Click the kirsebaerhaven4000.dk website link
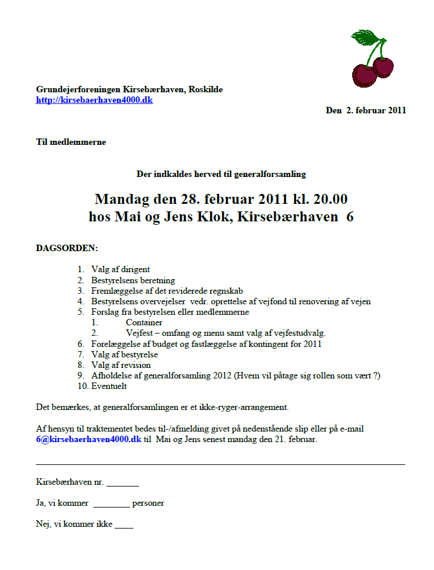[x=95, y=100]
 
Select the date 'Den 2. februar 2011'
[x=366, y=110]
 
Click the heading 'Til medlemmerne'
[x=71, y=142]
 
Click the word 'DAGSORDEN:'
[x=67, y=248]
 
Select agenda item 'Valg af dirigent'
[x=120, y=269]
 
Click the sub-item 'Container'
[x=144, y=322]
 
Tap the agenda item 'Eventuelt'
[x=109, y=386]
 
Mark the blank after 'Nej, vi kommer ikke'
[x=124, y=525]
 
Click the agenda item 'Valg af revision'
[x=121, y=365]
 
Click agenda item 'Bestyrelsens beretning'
[x=133, y=280]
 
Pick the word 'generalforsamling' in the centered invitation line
[x=269, y=173]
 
